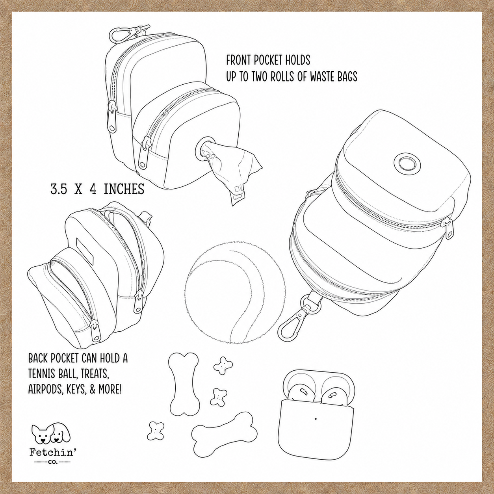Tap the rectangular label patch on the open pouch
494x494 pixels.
click(x=83, y=237)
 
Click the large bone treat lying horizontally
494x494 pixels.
click(x=224, y=433)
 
